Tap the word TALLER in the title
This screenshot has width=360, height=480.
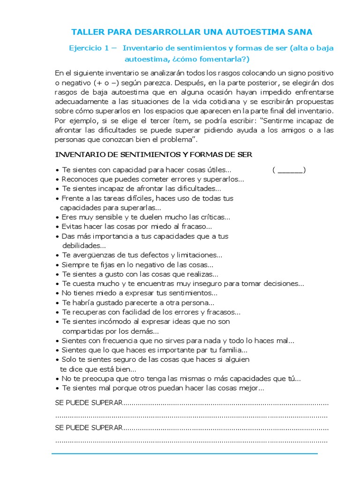click(x=86, y=32)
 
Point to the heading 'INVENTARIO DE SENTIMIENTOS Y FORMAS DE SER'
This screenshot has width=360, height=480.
click(x=154, y=155)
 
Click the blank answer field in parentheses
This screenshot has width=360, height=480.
click(x=289, y=170)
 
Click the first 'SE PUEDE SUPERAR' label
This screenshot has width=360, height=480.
click(x=89, y=403)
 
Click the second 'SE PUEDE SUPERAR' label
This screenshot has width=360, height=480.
click(x=89, y=428)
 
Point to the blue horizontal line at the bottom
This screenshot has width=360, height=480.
click(x=184, y=454)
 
